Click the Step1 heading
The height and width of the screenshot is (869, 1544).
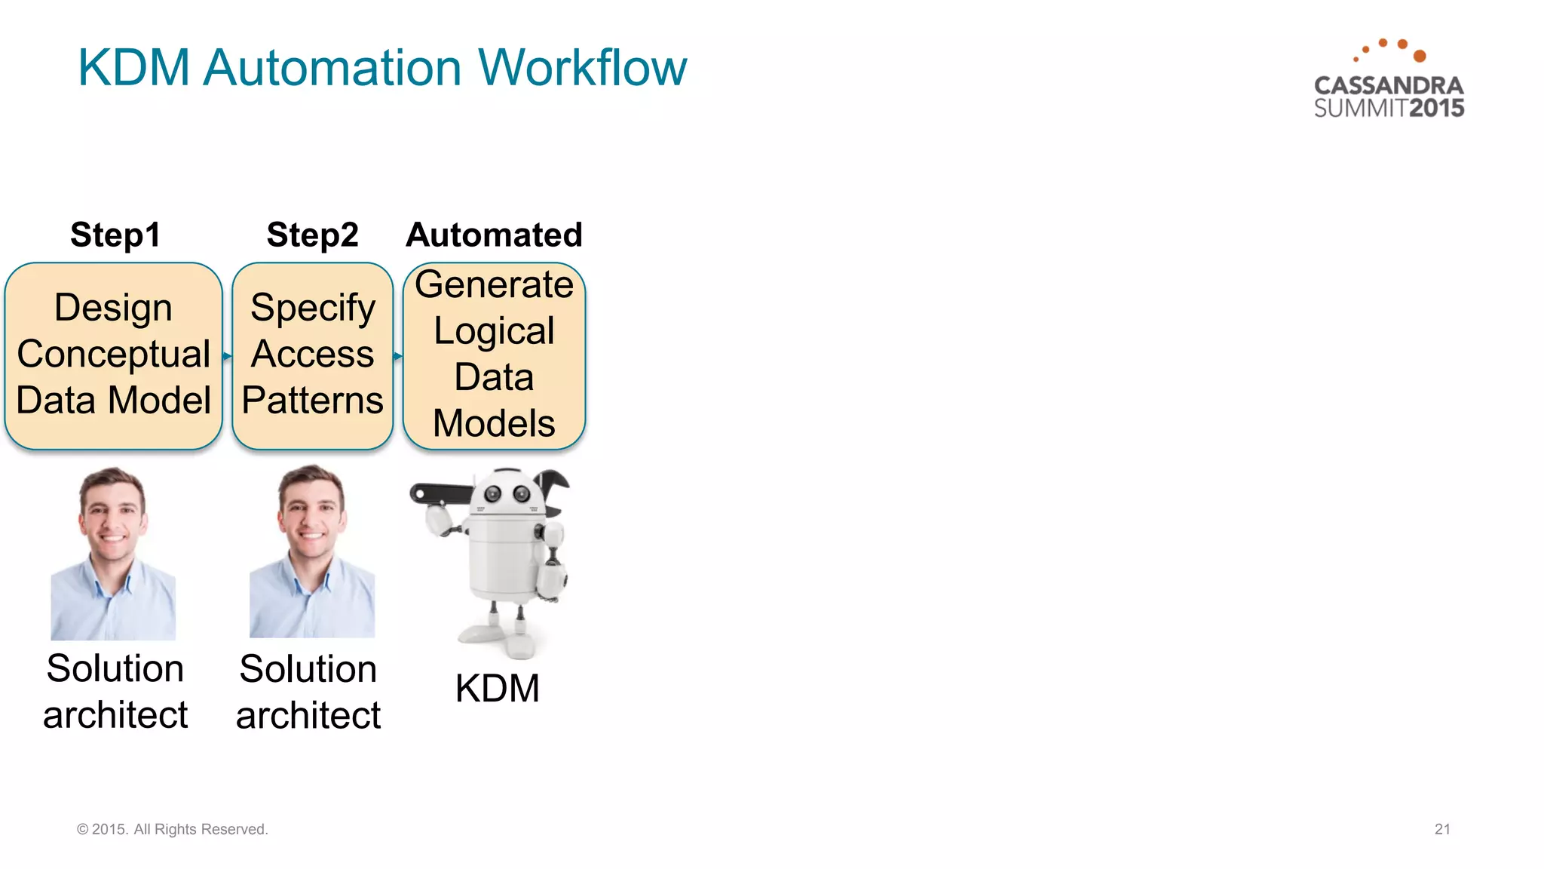pyautogui.click(x=115, y=235)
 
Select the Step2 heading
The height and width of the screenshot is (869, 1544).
pyautogui.click(x=312, y=235)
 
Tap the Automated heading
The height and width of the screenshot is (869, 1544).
pyautogui.click(x=494, y=235)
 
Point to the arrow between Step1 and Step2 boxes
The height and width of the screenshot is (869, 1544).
pyautogui.click(x=227, y=355)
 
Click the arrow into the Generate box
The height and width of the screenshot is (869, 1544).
pyautogui.click(x=398, y=355)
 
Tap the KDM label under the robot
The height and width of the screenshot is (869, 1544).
pyautogui.click(x=497, y=688)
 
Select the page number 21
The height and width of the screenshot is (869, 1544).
pyautogui.click(x=1442, y=829)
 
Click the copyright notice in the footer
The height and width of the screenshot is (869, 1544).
pyautogui.click(x=172, y=829)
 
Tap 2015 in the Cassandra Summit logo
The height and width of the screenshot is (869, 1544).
pyautogui.click(x=1436, y=108)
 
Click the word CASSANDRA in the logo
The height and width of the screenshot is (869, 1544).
pyautogui.click(x=1389, y=85)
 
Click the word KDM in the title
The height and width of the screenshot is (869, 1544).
pyautogui.click(x=133, y=68)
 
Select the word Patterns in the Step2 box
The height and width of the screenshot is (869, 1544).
pyautogui.click(x=312, y=400)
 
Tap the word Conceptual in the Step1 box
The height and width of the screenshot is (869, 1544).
pyautogui.click(x=113, y=354)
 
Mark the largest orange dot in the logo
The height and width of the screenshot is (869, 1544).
pyautogui.click(x=1420, y=56)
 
